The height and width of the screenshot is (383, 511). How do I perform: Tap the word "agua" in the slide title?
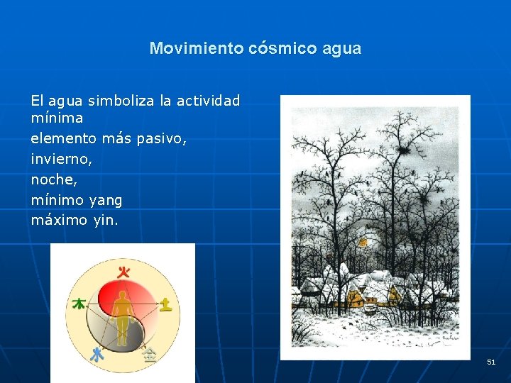click(341, 49)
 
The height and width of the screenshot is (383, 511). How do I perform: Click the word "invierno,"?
click(62, 160)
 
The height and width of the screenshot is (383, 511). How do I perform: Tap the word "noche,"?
click(54, 180)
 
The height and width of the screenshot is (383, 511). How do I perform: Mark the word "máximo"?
click(60, 221)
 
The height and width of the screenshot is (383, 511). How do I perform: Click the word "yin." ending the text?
click(106, 221)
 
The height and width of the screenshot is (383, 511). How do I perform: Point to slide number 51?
click(491, 362)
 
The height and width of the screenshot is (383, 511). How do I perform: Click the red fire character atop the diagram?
click(124, 272)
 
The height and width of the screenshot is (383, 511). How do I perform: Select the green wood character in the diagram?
click(79, 304)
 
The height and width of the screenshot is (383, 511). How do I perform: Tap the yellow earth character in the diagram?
click(165, 304)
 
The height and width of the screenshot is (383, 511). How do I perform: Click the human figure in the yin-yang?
click(123, 316)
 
